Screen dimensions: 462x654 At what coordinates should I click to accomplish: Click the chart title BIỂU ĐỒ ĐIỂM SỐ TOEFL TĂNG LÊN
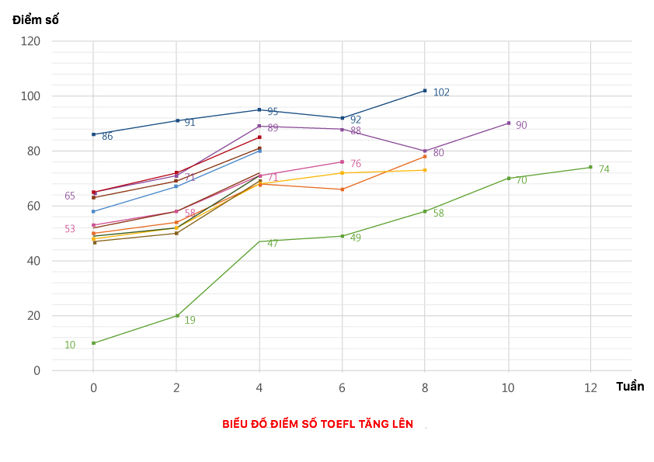click(318, 424)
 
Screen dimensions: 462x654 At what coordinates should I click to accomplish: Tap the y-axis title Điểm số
click(36, 19)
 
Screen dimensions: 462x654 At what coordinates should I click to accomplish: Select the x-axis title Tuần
click(630, 387)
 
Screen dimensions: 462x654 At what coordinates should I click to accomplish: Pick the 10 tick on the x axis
click(508, 388)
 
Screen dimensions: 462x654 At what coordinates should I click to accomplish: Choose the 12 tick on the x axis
click(590, 388)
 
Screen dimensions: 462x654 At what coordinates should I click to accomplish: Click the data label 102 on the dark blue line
click(441, 92)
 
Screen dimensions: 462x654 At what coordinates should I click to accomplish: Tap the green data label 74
click(604, 169)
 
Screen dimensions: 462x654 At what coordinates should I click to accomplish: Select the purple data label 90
click(521, 125)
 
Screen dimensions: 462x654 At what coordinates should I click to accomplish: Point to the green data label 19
click(190, 320)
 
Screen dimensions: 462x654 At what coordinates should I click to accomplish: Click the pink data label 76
click(356, 164)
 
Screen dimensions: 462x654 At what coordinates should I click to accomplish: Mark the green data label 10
click(70, 345)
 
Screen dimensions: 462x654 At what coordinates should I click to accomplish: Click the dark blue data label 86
click(107, 137)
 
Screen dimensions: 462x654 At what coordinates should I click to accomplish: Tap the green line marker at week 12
click(590, 167)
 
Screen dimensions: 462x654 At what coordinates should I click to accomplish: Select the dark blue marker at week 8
click(425, 90)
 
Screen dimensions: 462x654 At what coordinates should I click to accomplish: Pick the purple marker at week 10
click(509, 123)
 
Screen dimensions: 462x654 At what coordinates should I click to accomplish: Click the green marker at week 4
click(259, 241)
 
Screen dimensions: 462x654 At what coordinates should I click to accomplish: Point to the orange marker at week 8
click(425, 156)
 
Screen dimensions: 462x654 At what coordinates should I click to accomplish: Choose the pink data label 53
click(70, 228)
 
